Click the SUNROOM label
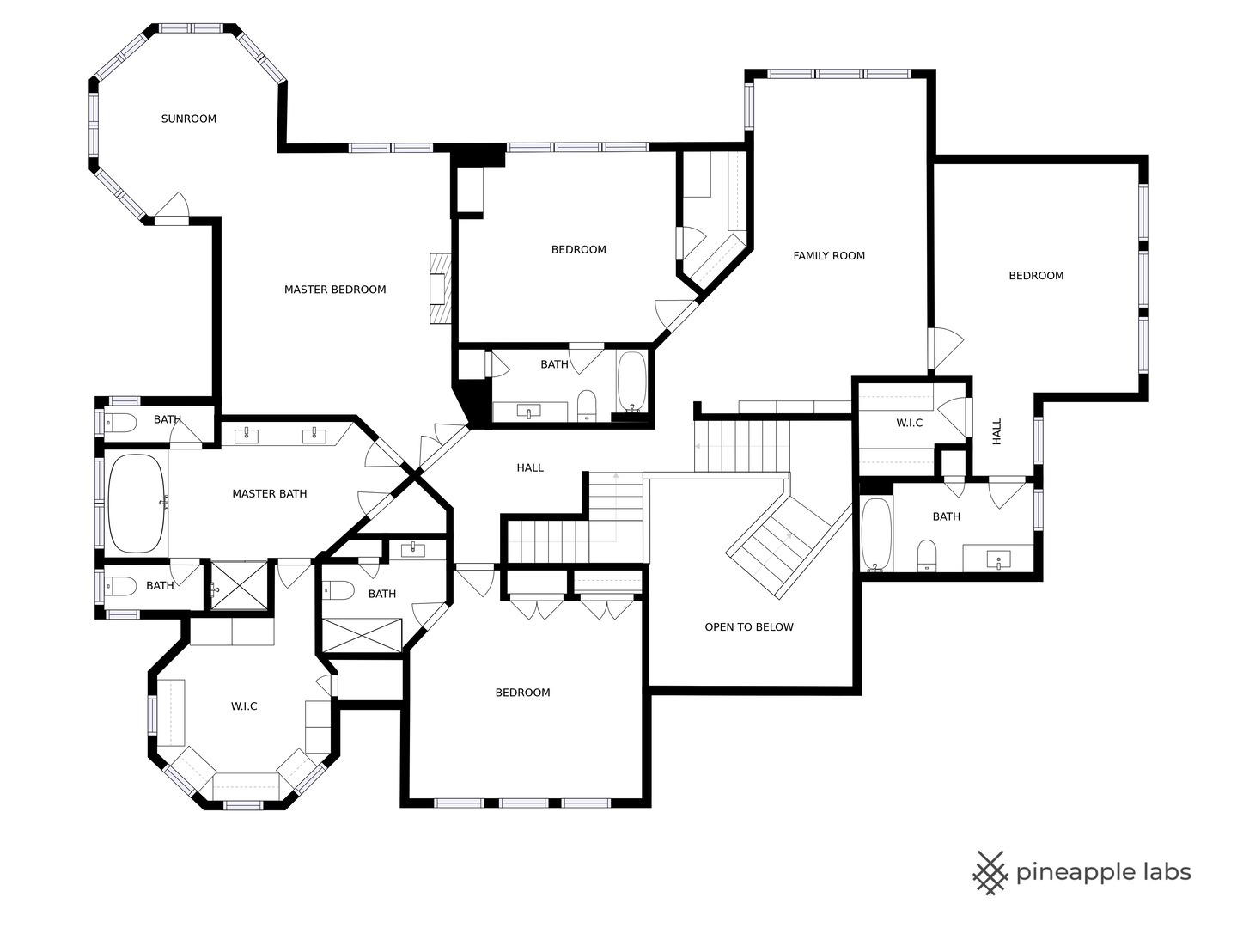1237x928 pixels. pyautogui.click(x=188, y=119)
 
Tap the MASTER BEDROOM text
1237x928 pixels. pyautogui.click(x=335, y=290)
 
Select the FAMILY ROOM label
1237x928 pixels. pyautogui.click(x=828, y=256)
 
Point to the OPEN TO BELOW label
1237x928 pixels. pyautogui.click(x=748, y=627)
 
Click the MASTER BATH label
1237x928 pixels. pyautogui.click(x=270, y=494)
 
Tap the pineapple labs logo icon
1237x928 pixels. pyautogui.click(x=990, y=873)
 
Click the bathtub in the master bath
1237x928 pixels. pyautogui.click(x=137, y=504)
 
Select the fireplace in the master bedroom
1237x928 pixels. pyautogui.click(x=441, y=288)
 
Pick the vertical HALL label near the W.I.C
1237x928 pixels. pyautogui.click(x=997, y=431)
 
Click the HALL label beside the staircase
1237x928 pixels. pyautogui.click(x=530, y=467)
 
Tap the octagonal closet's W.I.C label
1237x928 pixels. pyautogui.click(x=244, y=706)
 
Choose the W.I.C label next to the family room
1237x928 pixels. pyautogui.click(x=909, y=423)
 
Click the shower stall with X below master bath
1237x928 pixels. pyautogui.click(x=240, y=585)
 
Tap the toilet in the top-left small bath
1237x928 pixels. pyautogui.click(x=120, y=423)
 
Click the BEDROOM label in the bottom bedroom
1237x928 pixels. pyautogui.click(x=522, y=693)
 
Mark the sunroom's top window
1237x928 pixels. pyautogui.click(x=191, y=28)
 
